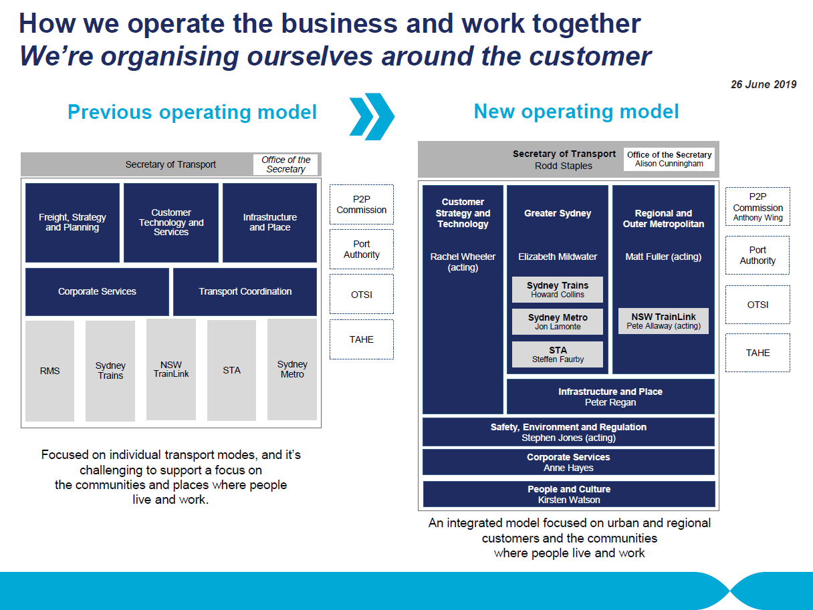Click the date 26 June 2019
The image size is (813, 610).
(x=764, y=84)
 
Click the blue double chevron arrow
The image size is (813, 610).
(x=372, y=117)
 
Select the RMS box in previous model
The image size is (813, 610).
(x=49, y=371)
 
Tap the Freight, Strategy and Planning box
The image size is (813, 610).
(x=72, y=222)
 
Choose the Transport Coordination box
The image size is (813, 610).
(x=245, y=292)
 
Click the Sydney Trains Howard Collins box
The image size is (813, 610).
(x=558, y=289)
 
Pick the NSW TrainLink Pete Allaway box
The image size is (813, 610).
(x=663, y=321)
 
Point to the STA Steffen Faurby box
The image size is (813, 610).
(x=558, y=354)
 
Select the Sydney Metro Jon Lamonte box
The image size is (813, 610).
(x=558, y=321)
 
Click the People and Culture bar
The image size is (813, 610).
(x=569, y=494)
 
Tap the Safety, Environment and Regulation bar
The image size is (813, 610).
(x=568, y=432)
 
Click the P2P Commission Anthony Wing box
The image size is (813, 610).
(x=758, y=206)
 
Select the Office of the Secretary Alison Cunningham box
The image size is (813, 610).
(x=669, y=159)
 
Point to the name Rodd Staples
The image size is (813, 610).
(x=564, y=166)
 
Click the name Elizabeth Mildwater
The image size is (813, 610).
(x=558, y=257)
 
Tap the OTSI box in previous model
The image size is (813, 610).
(x=362, y=294)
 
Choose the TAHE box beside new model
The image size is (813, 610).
(x=758, y=353)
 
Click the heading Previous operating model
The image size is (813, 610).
(x=192, y=112)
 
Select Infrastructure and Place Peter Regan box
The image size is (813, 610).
(x=610, y=396)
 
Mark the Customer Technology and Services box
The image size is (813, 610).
(x=171, y=222)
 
